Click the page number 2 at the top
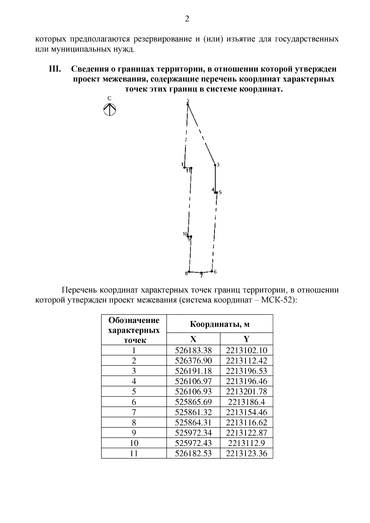[x=187, y=19]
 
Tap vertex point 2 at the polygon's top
[x=188, y=105]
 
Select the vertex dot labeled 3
[x=215, y=165]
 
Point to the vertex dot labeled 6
[x=212, y=271]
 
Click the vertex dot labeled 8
[x=189, y=272]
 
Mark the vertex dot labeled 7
[x=201, y=273]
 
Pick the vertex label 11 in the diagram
[x=188, y=171]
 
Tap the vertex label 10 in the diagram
[x=185, y=234]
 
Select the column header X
[x=193, y=339]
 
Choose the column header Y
[x=246, y=339]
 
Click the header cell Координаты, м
[x=220, y=324]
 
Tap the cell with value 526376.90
[x=193, y=361]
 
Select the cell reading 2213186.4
[x=246, y=402]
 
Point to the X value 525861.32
[x=193, y=412]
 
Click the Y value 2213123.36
[x=246, y=453]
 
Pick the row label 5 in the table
[x=134, y=392]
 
